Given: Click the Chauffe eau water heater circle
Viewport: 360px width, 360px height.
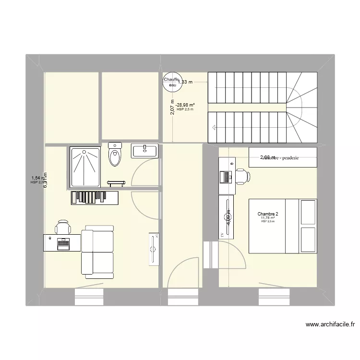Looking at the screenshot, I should [171, 83].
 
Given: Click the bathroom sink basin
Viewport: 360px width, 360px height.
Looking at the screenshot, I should [144, 150].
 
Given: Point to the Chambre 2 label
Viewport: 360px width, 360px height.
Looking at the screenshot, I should [268, 214].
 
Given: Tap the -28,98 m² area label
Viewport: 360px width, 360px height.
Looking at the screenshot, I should [185, 105].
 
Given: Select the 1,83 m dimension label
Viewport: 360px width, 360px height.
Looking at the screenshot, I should [185, 82].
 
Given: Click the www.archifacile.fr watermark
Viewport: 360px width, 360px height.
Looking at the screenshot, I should [331, 324].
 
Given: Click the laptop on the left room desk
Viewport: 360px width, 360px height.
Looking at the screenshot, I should [63, 243].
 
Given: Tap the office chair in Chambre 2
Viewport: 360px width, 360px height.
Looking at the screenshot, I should [241, 176].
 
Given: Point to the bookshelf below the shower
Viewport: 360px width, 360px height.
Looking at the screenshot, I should [95, 197].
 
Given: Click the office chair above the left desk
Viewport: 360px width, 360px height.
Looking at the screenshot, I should [63, 227].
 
